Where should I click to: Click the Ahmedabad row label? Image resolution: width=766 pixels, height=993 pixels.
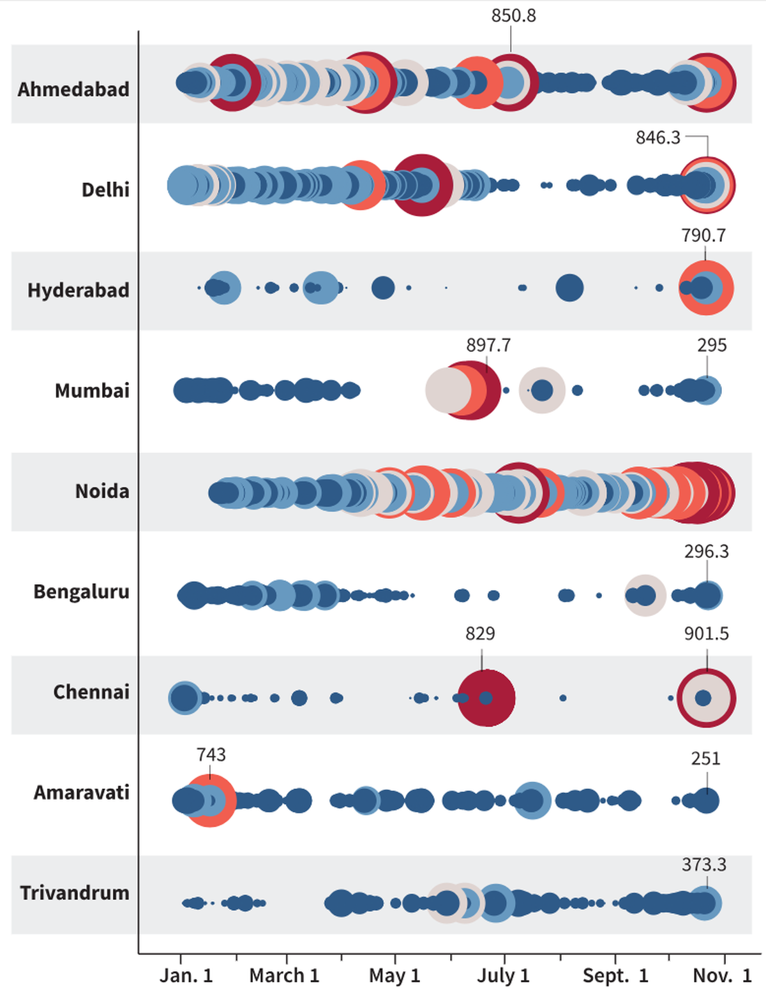73,89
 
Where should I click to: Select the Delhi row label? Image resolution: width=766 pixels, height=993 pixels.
105,189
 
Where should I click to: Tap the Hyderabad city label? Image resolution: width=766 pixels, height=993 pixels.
78,290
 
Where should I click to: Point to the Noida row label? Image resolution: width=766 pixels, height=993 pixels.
102,491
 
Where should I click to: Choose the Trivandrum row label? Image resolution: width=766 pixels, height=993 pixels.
75,893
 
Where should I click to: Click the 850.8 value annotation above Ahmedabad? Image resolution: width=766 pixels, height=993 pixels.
513,16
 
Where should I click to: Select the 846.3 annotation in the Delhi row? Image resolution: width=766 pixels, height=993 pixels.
657,138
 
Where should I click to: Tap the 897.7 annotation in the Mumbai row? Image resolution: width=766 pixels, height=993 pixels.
488,345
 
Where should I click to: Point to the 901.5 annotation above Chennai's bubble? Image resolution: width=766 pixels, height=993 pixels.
706,633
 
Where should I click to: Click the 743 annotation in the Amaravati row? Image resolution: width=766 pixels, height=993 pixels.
211,754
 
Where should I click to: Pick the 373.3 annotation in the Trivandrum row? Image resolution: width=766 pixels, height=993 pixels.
703,865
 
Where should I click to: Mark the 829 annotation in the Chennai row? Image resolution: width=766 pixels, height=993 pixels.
480,633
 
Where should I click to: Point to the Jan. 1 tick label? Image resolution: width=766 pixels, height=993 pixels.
186,975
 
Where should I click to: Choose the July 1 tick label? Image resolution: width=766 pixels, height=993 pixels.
503,975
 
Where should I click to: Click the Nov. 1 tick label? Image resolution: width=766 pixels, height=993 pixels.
722,975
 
